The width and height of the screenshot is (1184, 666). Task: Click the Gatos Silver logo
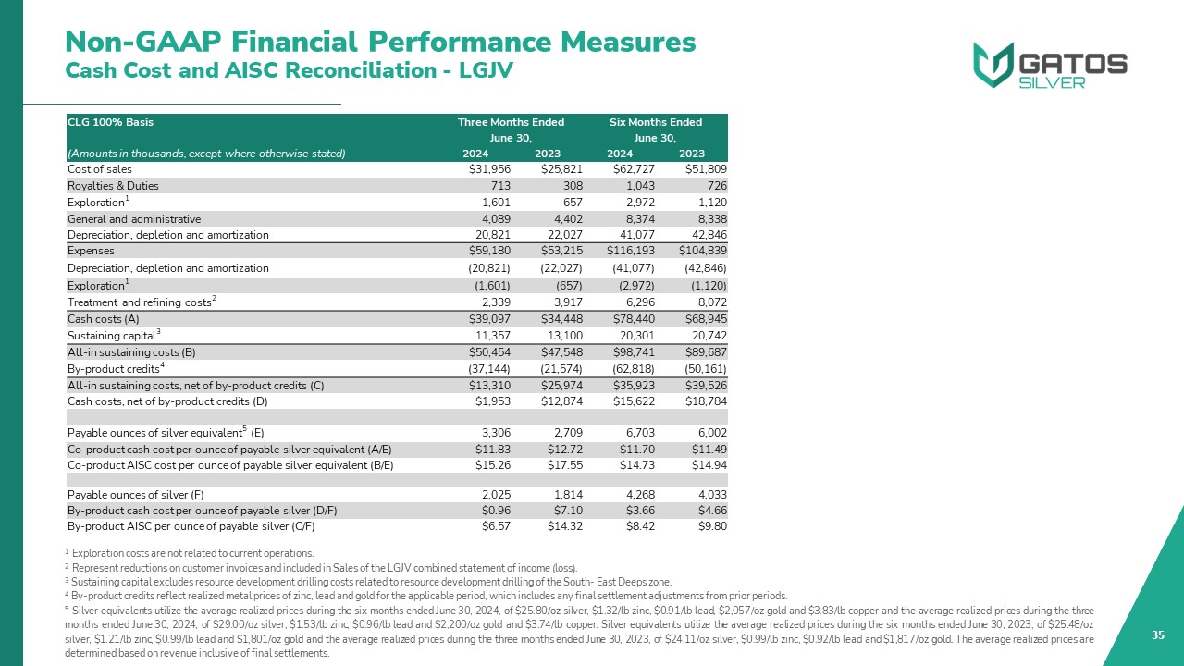(1049, 66)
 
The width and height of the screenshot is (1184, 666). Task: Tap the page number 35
(1157, 635)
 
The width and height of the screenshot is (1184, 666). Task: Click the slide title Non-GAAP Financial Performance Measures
(380, 42)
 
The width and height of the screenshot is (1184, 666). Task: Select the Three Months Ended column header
(511, 122)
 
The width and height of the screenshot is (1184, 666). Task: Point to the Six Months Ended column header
(655, 122)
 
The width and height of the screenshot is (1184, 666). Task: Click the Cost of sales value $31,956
(491, 169)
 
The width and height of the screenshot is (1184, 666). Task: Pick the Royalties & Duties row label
(113, 186)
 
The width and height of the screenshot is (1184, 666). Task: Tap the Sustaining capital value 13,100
(543, 336)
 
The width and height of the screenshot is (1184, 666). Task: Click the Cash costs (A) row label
(104, 318)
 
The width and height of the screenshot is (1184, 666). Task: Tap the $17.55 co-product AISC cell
(546, 465)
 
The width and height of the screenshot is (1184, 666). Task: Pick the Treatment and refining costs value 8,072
(709, 302)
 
